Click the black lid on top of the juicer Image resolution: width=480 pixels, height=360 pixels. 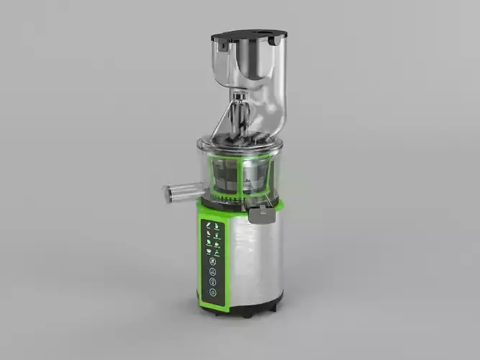click(x=248, y=34)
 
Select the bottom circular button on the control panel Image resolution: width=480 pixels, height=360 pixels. click(x=213, y=293)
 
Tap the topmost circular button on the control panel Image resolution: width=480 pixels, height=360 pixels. click(x=213, y=261)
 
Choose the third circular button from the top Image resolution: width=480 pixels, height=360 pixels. click(x=213, y=282)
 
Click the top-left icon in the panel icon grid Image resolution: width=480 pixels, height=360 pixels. click(x=208, y=225)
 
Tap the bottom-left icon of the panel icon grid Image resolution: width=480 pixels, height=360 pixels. click(x=208, y=251)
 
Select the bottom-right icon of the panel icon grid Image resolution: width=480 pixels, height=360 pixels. click(x=218, y=251)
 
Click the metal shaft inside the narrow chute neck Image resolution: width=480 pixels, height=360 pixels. click(x=240, y=115)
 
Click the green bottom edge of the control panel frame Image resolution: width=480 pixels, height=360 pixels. click(x=214, y=307)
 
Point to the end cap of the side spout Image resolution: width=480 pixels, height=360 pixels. click(x=168, y=193)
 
